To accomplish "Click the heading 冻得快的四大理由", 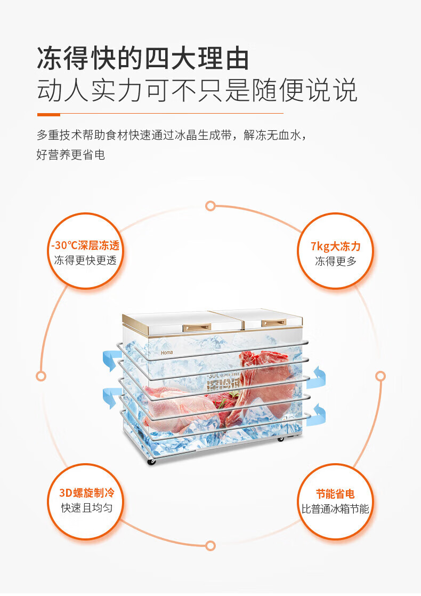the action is coord(143,58).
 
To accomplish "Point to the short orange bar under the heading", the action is coord(48,114).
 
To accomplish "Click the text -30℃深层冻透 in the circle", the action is coord(85,245).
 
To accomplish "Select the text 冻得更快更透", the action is coord(85,260).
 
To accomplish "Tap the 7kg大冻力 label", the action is coord(336,246).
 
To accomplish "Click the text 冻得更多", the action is coord(336,261).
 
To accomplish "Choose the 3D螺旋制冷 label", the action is coord(86,492).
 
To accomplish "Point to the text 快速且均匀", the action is coord(86,507).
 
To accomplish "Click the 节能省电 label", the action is coord(335,494).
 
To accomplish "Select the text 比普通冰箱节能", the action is coord(335,508).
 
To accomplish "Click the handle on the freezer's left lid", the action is coord(197,327).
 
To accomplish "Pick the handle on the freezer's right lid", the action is coord(274,323).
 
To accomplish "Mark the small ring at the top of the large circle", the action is coord(210,206).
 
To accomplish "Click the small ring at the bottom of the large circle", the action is coord(210,545).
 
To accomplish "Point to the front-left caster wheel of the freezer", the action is coord(152,460).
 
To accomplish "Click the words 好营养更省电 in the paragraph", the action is coord(71,155).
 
